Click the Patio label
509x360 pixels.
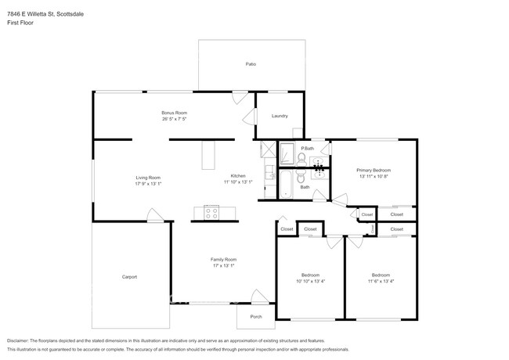(x=251, y=63)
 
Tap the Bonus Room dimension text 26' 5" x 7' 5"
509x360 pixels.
(x=175, y=120)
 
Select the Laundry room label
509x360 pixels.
(x=280, y=116)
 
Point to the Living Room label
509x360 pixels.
(x=148, y=177)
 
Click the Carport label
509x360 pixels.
(x=129, y=277)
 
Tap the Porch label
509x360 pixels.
(x=256, y=316)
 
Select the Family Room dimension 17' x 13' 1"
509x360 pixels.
(x=223, y=266)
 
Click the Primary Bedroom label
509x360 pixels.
(x=374, y=170)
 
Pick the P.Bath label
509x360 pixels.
(x=307, y=149)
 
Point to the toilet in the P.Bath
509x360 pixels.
(x=301, y=159)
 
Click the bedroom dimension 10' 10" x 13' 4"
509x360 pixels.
(x=311, y=282)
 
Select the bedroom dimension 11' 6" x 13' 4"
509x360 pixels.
(x=381, y=282)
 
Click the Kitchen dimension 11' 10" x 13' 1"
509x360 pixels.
(x=238, y=182)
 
